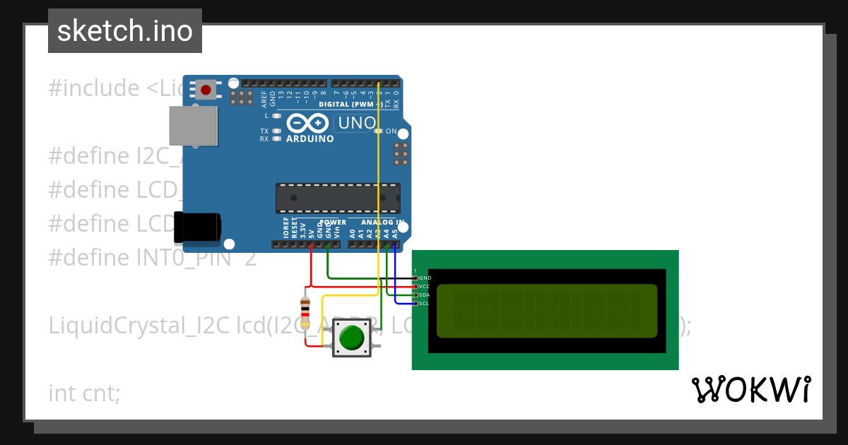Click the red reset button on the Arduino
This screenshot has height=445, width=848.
pos(206,90)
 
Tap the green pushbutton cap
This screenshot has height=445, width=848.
pos(351,338)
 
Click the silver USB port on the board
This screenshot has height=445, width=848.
pos(192,126)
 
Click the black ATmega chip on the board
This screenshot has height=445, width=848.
pos(338,198)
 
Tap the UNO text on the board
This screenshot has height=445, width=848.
pos(357,123)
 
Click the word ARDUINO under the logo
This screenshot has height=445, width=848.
pos(310,139)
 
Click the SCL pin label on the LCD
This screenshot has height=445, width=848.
pos(424,304)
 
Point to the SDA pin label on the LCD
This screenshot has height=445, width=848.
pos(424,295)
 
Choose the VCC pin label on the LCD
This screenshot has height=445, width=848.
pos(424,287)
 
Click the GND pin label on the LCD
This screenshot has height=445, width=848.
pos(425,278)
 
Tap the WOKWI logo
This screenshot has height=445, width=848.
pos(750,390)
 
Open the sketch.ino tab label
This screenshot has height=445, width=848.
pos(125,31)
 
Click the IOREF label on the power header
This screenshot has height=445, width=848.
pos(286,227)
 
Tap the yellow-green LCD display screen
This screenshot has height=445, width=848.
pos(546,311)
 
